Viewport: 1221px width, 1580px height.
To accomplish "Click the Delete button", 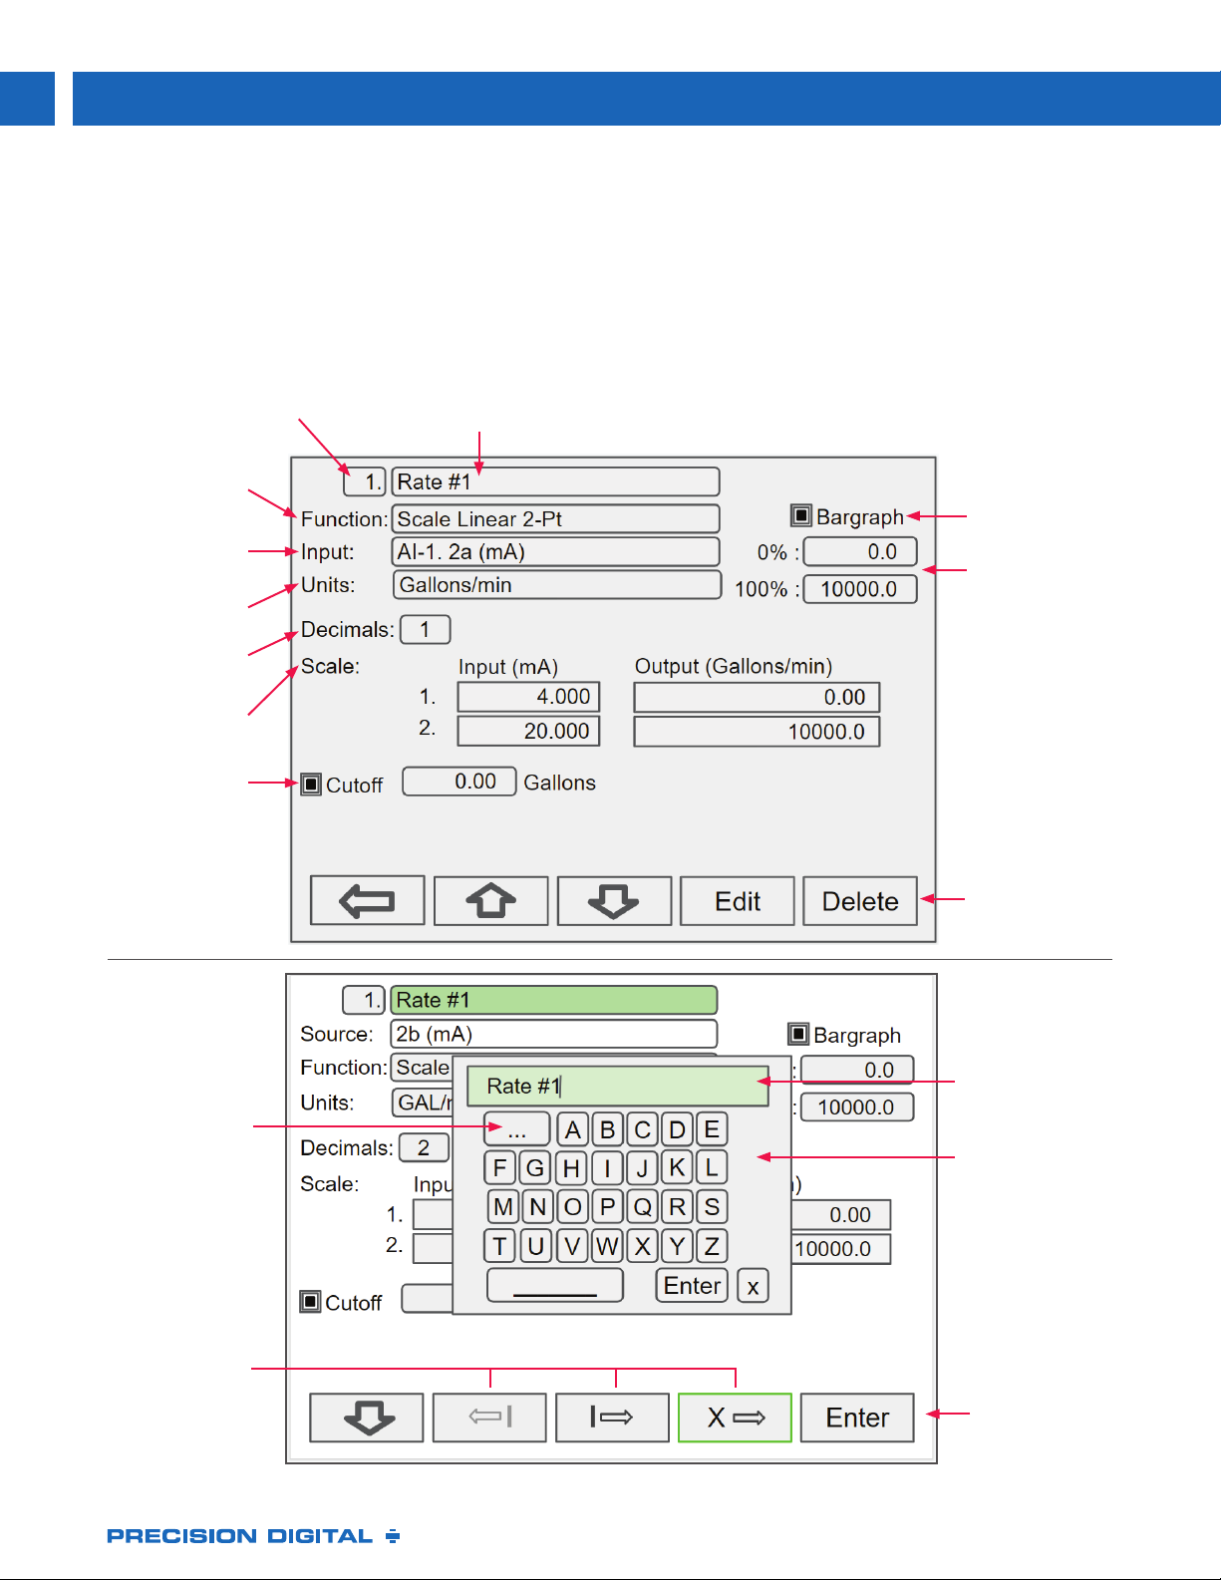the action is pos(860,901).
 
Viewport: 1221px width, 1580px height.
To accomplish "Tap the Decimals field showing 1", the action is pos(426,629).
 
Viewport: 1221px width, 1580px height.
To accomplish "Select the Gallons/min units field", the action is pos(557,584).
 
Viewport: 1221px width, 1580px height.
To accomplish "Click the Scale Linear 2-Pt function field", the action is pos(555,518).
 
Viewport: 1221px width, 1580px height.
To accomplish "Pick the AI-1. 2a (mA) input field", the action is pos(555,551).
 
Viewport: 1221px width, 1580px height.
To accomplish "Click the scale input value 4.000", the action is pos(528,697).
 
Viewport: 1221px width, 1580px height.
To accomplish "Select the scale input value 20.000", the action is pos(528,731).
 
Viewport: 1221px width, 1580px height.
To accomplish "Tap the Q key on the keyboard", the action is pos(642,1207).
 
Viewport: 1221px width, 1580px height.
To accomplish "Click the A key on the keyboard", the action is pos(572,1129).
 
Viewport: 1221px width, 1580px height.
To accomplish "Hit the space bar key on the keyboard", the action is pos(554,1286).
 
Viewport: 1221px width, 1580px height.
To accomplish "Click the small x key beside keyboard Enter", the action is pos(753,1286).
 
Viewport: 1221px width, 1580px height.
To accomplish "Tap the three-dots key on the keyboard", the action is pos(516,1129).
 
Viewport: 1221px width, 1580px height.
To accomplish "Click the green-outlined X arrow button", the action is pos(735,1418).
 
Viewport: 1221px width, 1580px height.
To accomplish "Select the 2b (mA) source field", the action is pos(554,1033).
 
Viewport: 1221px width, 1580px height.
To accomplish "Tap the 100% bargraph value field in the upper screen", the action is pos(860,589).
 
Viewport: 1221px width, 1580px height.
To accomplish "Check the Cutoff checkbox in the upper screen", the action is pos(311,785).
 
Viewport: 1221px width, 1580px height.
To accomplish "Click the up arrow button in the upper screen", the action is pos(490,901).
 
